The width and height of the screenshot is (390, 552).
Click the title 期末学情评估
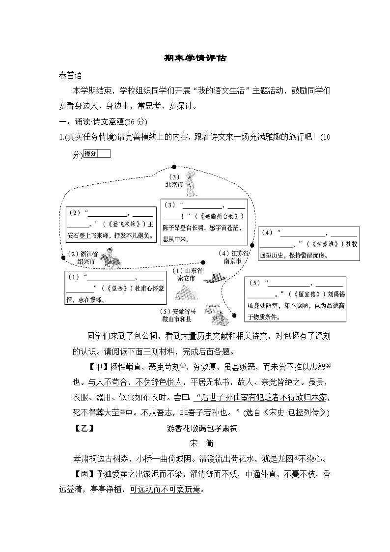click(x=195, y=58)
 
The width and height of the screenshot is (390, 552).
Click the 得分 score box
click(x=97, y=154)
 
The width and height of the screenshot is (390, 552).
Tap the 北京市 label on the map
click(x=174, y=185)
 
